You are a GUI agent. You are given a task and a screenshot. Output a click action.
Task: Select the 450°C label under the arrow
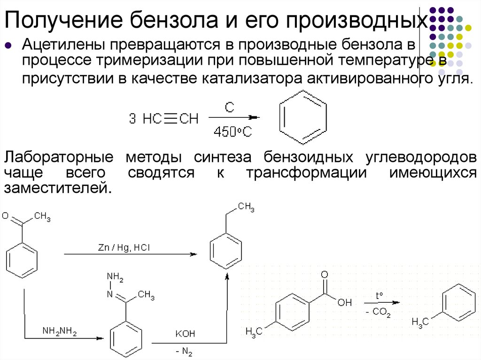[233, 132]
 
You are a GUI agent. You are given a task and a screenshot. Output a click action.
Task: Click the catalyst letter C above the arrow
[229, 107]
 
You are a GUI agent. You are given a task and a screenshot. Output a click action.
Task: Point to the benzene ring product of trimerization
[303, 117]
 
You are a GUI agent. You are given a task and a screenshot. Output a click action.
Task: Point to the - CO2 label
[378, 312]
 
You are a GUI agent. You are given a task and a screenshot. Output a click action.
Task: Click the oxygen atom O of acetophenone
[5, 216]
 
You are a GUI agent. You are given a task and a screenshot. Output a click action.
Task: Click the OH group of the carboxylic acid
[344, 302]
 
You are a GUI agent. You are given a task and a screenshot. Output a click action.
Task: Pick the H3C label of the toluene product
[419, 322]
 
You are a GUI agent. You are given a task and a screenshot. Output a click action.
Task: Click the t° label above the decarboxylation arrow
[379, 295]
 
